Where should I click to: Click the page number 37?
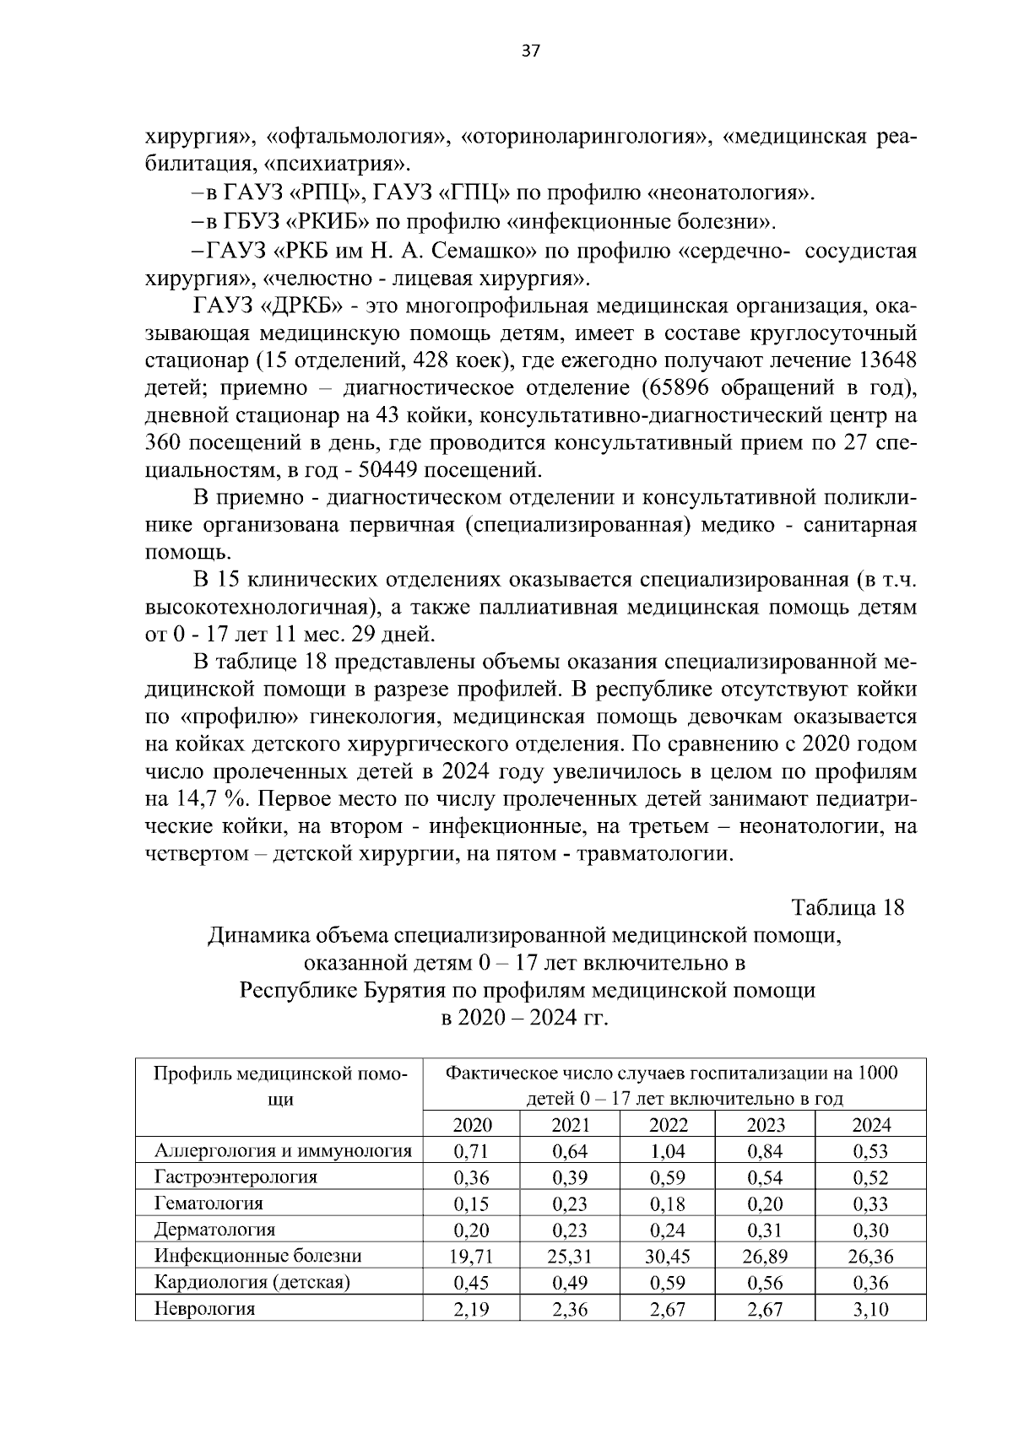click(531, 50)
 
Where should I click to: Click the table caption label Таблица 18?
click(848, 907)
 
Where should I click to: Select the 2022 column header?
click(668, 1124)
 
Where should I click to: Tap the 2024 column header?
click(871, 1124)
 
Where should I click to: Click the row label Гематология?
click(209, 1203)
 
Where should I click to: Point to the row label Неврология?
click(204, 1309)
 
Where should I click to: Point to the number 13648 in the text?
click(886, 360)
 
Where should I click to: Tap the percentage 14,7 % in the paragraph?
click(202, 799)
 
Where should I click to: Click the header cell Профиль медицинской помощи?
click(279, 1085)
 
